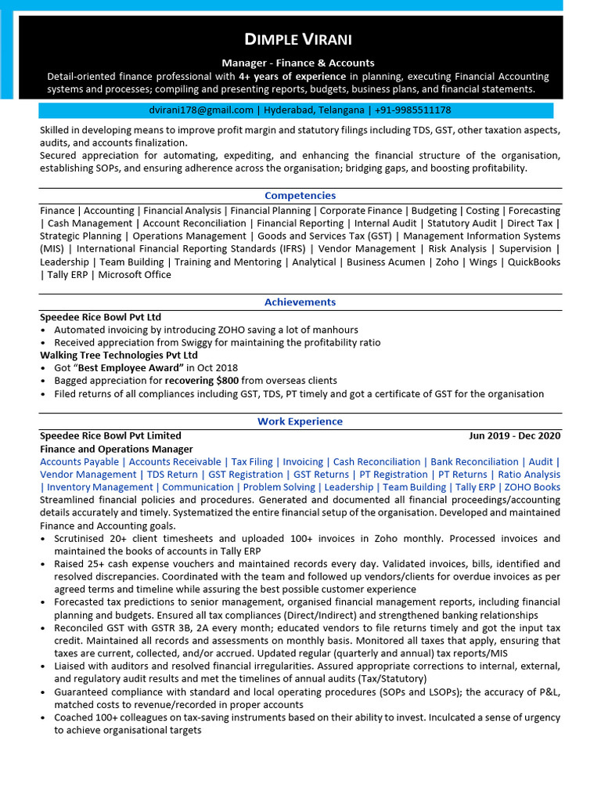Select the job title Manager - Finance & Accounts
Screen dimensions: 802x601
tap(298, 63)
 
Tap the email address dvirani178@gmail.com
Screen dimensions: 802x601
tap(201, 110)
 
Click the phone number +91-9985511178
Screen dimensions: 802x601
tap(412, 110)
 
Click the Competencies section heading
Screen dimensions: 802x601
tap(300, 196)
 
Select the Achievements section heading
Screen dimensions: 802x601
tap(300, 302)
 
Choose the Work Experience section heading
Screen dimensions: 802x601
tap(300, 422)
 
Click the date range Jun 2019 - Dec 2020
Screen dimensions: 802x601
tap(514, 436)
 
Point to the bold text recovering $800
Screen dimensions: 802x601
tap(202, 381)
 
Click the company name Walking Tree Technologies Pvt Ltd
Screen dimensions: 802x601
tap(119, 356)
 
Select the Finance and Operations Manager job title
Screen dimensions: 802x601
tap(117, 450)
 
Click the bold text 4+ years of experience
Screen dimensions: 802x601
tap(292, 77)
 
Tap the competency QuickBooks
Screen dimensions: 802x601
tap(534, 262)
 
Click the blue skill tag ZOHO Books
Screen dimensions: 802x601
tap(532, 487)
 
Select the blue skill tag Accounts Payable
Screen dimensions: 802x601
tap(80, 462)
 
